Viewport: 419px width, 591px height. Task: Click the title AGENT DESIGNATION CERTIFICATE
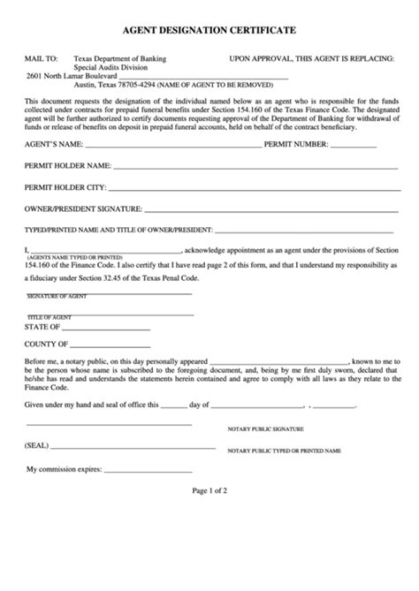tap(209, 30)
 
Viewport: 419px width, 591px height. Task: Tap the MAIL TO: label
tap(42, 59)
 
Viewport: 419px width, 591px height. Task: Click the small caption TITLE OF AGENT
tap(50, 317)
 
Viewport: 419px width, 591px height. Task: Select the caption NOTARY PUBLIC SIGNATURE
tap(265, 428)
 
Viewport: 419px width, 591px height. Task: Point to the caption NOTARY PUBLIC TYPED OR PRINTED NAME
tap(284, 451)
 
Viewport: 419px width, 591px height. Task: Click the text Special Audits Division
tap(110, 67)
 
